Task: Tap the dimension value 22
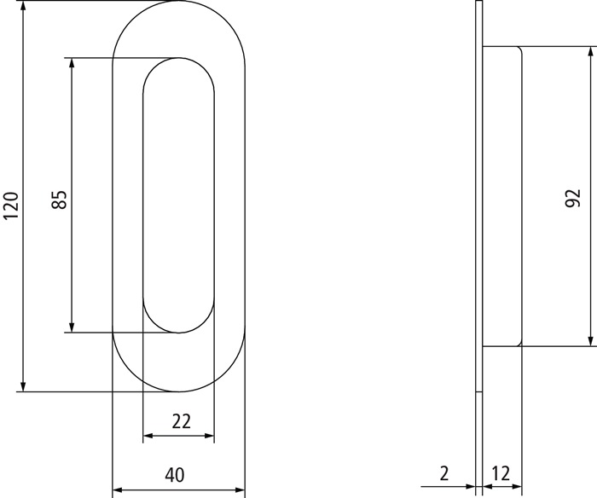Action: (179, 420)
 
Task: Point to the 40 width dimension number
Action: (177, 475)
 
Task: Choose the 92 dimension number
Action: (573, 197)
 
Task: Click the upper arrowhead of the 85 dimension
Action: (72, 65)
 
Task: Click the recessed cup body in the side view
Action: (502, 196)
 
